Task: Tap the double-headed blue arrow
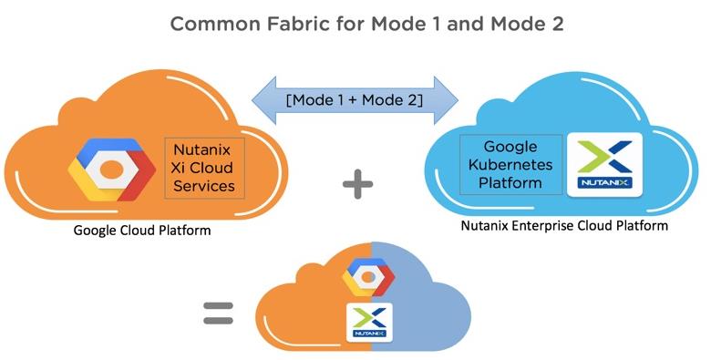coord(355,100)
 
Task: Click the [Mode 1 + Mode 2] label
coord(355,99)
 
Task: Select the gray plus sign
coord(357,184)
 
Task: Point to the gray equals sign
coord(218,314)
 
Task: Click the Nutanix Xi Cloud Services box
coord(204,169)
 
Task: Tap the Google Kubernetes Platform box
coord(511,165)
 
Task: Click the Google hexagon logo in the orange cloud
coord(111,170)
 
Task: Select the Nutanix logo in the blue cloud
coord(605,165)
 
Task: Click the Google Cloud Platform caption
coord(142,230)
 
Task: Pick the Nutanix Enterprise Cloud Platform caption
coord(564,225)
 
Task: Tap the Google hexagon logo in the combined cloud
coord(368,277)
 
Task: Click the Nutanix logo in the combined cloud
coord(369,323)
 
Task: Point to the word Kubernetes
coord(510,165)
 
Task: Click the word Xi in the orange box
coord(178,168)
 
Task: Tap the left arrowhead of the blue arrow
coord(264,100)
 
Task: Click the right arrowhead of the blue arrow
coord(446,100)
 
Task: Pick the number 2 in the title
coord(557,24)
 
